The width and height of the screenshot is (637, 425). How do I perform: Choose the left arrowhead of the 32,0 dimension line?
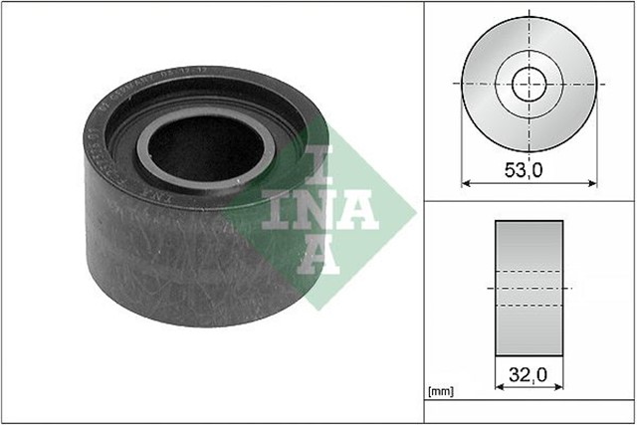pyautogui.click(x=498, y=388)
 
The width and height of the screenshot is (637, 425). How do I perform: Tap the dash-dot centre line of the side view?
pyautogui.click(x=530, y=287)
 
